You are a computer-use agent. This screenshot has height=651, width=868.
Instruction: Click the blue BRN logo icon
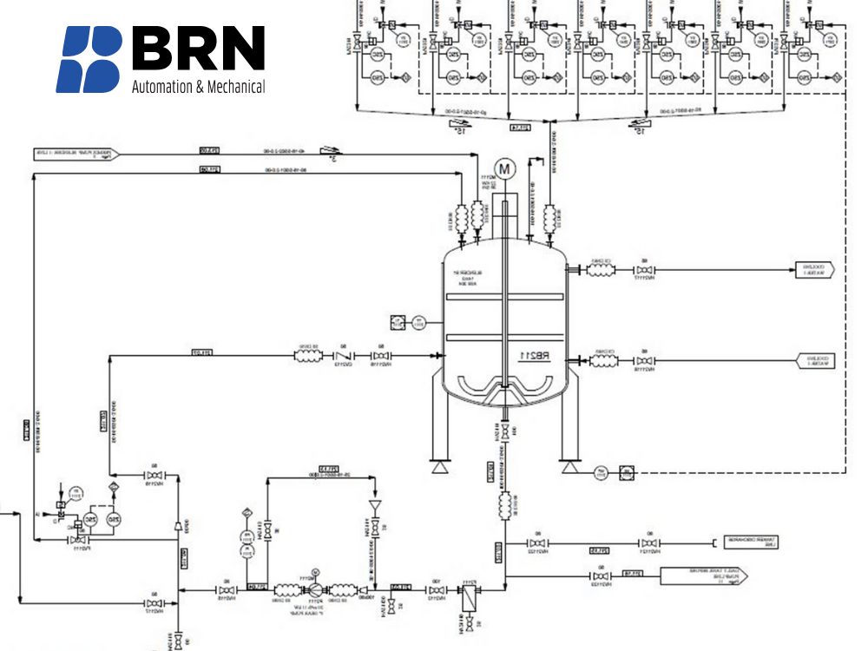click(x=89, y=59)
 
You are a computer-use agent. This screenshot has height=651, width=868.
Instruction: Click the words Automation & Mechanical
click(x=198, y=87)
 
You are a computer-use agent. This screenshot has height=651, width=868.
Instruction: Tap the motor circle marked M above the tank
click(x=504, y=167)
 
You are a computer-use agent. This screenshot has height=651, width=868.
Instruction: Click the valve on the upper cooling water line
click(x=643, y=270)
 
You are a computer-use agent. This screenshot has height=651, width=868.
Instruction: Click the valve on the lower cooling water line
click(x=643, y=359)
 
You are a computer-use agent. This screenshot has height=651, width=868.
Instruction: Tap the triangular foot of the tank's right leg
click(x=569, y=468)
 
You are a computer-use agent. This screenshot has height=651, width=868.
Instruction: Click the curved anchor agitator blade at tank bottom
click(x=503, y=385)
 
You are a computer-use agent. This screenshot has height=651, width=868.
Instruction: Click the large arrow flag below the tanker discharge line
click(x=695, y=575)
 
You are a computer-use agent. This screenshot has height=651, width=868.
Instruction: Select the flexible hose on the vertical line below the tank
click(x=504, y=503)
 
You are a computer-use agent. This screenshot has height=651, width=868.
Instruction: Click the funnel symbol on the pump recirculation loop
click(x=376, y=504)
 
